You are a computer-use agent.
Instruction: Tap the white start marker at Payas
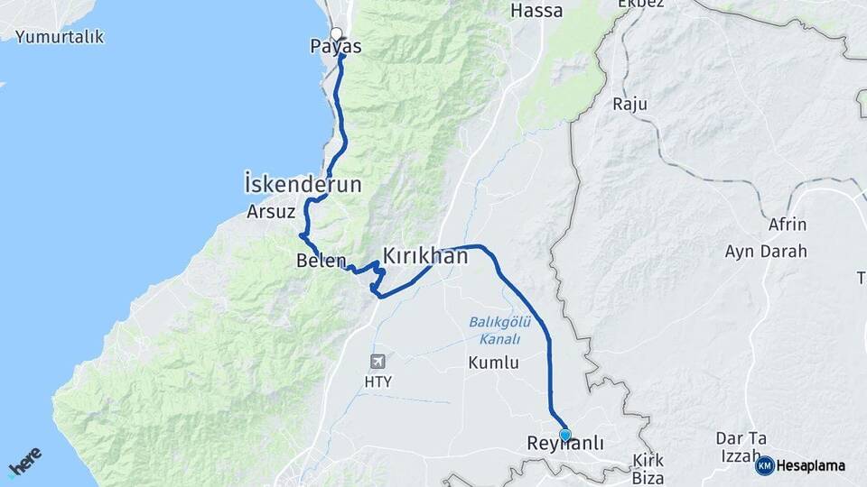(336, 34)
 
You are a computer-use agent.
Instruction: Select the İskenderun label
(303, 185)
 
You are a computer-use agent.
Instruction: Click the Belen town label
(321, 262)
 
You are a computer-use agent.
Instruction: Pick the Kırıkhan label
(425, 257)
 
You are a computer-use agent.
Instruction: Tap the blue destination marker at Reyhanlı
(565, 435)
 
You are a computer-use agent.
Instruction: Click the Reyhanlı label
(564, 445)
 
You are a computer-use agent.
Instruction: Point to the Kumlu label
(493, 363)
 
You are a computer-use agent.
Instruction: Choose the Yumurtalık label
(59, 37)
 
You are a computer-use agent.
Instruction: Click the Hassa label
(536, 11)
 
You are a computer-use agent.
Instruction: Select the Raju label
(630, 105)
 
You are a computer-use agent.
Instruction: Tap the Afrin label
(786, 225)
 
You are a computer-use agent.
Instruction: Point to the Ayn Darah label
(766, 252)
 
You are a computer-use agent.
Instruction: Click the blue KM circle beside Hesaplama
(765, 465)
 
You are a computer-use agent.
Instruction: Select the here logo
(24, 463)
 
